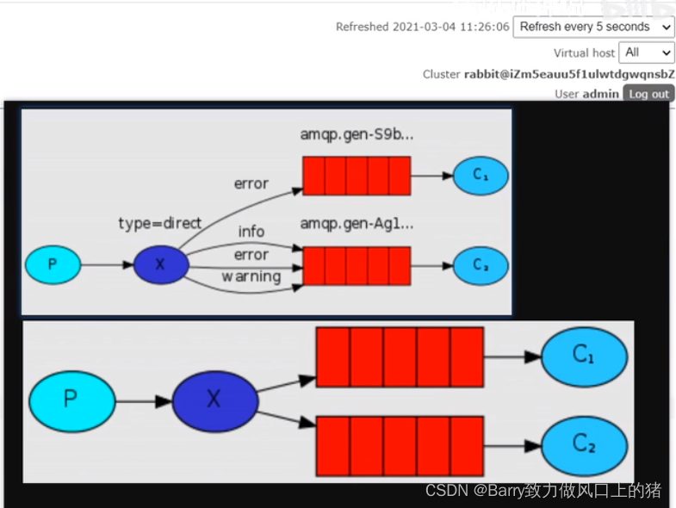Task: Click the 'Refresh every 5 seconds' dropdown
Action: [x=593, y=27]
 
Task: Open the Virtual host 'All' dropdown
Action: [x=648, y=53]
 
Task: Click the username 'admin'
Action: [x=601, y=94]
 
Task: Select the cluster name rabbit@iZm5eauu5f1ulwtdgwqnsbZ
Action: [x=569, y=74]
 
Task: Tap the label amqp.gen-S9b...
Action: [x=357, y=134]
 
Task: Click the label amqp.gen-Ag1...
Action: [x=357, y=224]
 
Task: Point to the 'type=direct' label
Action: [x=159, y=224]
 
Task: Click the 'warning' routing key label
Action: [x=251, y=276]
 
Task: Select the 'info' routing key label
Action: [x=251, y=232]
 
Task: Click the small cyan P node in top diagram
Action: [x=53, y=264]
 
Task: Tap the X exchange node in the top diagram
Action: [x=160, y=264]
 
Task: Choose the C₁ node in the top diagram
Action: [x=481, y=176]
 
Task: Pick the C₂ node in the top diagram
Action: [x=481, y=265]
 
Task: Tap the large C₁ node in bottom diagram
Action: [x=584, y=355]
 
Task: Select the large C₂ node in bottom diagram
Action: [x=584, y=445]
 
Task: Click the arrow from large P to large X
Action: [x=143, y=401]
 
